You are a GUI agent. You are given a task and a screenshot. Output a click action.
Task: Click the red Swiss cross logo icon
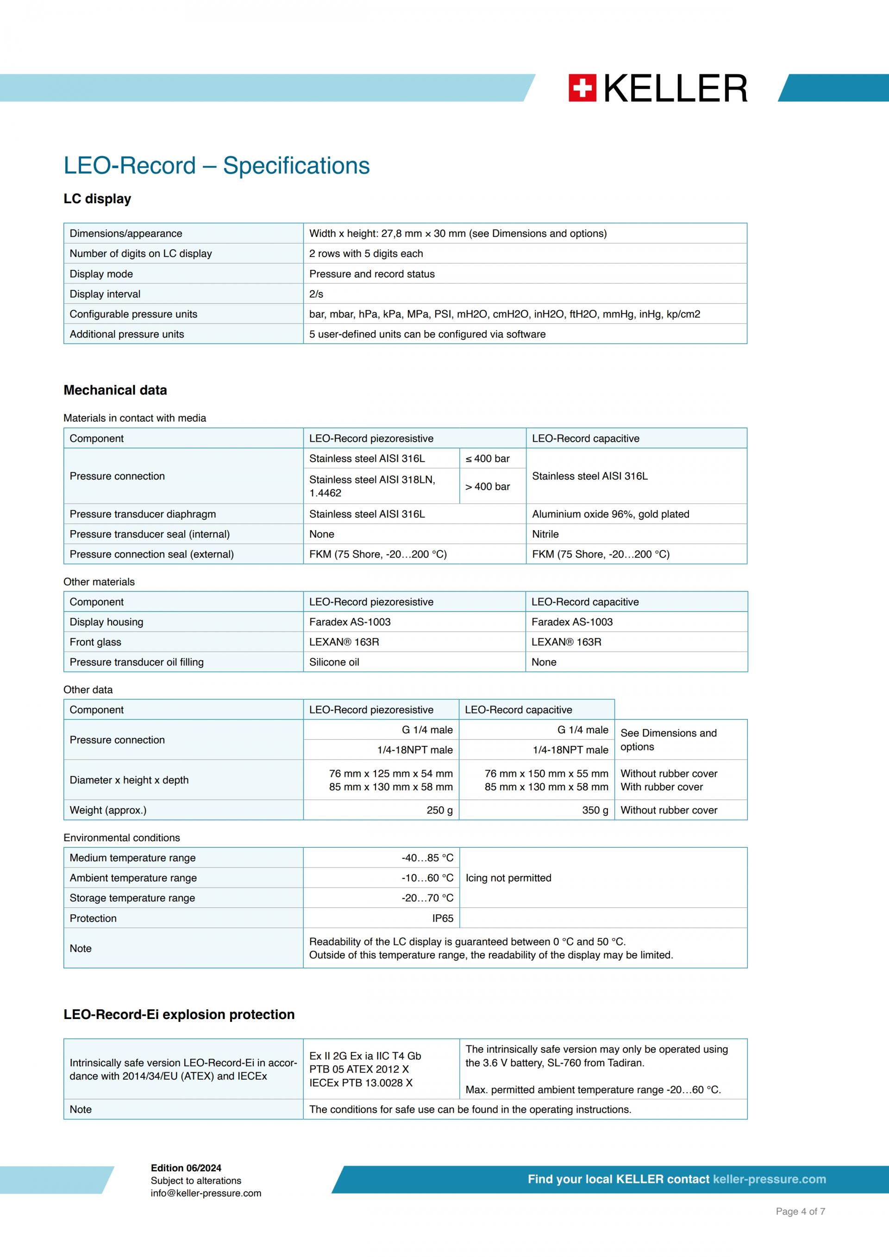pos(582,88)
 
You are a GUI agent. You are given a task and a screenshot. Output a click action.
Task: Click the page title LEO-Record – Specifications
pos(216,165)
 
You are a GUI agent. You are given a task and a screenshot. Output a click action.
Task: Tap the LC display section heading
pos(97,199)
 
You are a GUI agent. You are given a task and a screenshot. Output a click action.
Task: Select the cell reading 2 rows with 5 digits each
pos(366,253)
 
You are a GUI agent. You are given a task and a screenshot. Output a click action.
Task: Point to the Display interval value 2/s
pos(316,294)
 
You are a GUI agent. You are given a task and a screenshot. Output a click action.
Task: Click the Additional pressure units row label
pos(126,334)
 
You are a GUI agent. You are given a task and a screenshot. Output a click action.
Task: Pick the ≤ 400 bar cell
pos(487,459)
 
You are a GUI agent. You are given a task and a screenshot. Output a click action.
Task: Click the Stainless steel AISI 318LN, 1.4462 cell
pos(372,486)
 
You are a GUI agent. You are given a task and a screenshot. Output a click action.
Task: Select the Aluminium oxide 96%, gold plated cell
pos(610,514)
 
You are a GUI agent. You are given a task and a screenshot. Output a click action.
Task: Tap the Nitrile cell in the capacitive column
pos(545,534)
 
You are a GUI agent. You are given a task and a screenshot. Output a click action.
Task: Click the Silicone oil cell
pos(334,662)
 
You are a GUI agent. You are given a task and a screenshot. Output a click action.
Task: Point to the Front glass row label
pos(95,642)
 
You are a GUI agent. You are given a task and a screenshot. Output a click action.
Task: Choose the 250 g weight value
pos(439,810)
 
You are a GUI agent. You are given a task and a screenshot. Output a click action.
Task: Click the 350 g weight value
pos(595,810)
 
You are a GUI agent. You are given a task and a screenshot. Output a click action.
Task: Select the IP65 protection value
pos(442,918)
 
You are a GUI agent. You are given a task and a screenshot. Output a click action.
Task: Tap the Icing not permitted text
pos(508,878)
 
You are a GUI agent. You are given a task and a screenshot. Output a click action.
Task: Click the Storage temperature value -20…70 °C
pos(427,898)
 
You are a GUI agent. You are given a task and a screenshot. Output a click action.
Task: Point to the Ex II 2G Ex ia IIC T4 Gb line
pos(365,1056)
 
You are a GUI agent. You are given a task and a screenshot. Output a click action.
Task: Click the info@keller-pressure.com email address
pos(206,1193)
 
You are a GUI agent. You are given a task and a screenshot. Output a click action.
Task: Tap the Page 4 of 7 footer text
pos(800,1212)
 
